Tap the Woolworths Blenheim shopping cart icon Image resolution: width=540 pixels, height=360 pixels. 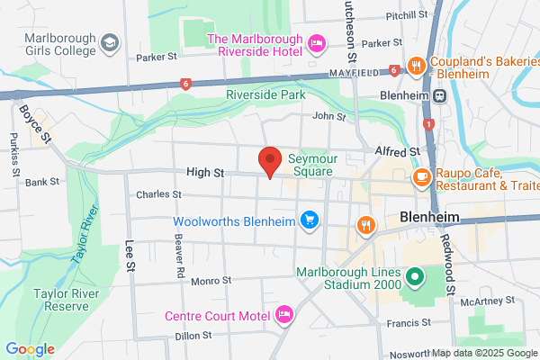(310, 219)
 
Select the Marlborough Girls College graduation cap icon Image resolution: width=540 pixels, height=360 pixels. (109, 42)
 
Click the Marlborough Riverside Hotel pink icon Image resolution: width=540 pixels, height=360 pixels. (316, 42)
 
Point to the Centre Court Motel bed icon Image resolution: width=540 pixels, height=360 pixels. (283, 315)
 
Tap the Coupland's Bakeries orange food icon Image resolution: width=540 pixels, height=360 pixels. (417, 66)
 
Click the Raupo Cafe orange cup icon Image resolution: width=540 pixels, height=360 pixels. (420, 177)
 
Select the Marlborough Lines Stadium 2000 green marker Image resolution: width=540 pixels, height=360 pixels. (415, 277)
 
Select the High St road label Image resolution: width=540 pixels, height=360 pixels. (204, 171)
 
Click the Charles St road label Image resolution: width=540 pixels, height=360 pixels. (158, 194)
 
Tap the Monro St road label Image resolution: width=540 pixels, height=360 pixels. (212, 281)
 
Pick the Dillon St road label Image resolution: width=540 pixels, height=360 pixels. (193, 335)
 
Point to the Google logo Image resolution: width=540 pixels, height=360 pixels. (30, 349)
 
